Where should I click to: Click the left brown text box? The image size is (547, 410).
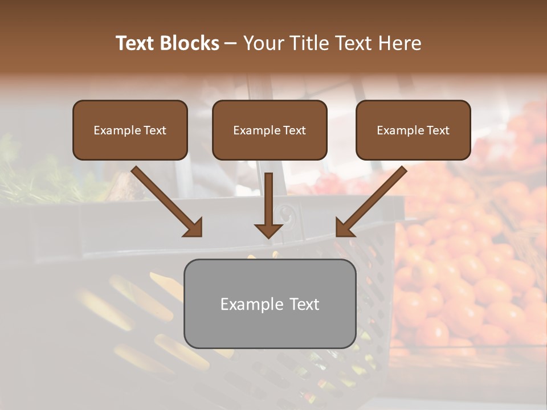click(130, 130)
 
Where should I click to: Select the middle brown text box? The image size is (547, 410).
click(270, 130)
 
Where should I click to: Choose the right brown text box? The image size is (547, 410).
click(413, 130)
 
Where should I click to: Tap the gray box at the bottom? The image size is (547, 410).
click(270, 304)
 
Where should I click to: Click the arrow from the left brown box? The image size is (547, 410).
click(165, 200)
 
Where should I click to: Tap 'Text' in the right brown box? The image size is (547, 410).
click(437, 130)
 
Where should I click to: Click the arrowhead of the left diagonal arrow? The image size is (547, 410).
click(193, 227)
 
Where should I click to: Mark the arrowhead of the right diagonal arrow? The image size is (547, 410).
click(345, 227)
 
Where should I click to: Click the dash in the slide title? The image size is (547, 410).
click(231, 43)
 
